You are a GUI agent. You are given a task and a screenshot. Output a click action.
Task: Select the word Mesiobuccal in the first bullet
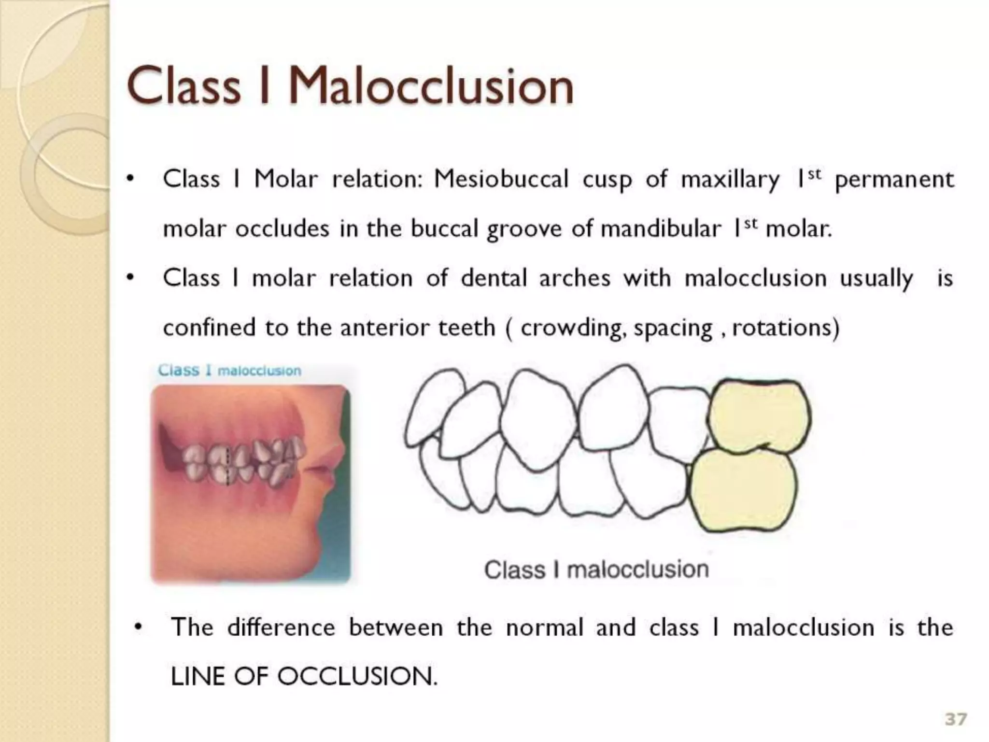[501, 180]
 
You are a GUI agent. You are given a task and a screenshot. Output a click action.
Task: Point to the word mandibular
[661, 229]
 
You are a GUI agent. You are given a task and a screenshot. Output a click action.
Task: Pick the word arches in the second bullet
[575, 279]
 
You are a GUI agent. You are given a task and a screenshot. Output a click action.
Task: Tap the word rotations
[782, 328]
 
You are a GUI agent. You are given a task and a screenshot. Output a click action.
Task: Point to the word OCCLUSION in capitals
[356, 676]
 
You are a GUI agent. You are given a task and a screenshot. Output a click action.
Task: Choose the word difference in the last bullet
[281, 628]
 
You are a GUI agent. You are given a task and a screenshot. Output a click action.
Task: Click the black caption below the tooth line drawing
[596, 570]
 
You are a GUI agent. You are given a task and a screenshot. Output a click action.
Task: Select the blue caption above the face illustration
[229, 371]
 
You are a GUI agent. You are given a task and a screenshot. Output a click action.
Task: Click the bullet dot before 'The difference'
[139, 628]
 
